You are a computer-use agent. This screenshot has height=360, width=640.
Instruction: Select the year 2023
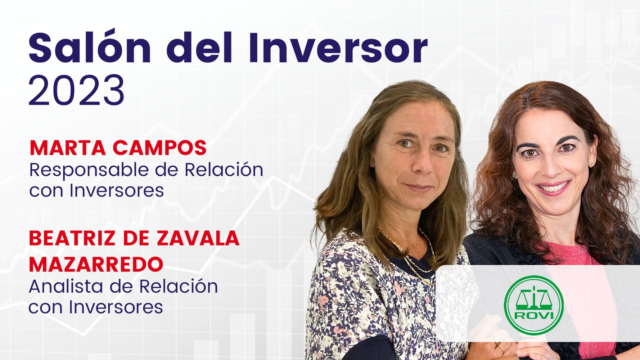point(77,90)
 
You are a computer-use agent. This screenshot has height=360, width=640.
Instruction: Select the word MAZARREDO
point(96,264)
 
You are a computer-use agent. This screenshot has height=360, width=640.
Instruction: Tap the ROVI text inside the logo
point(534,316)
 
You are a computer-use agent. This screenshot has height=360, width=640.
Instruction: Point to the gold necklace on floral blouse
point(414,259)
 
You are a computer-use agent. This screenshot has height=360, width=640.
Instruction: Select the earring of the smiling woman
point(591,165)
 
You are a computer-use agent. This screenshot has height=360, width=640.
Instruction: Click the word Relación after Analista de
point(178,287)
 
